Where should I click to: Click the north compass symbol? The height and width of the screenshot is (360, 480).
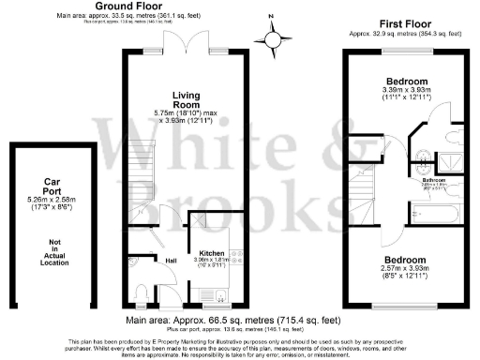tap(274, 38)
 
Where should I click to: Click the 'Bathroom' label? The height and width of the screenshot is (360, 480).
tap(433, 179)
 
